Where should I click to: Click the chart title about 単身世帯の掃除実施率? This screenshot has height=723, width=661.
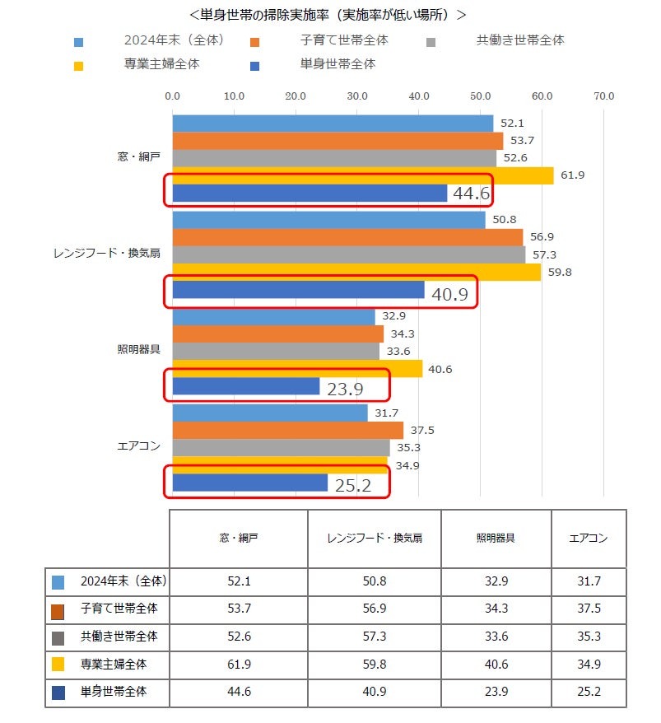coord(327,15)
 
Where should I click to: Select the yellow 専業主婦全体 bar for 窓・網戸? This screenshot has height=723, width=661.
coord(362,175)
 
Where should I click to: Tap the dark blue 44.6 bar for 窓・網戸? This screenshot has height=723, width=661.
coord(310,193)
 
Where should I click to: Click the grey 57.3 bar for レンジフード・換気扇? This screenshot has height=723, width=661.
coord(348,254)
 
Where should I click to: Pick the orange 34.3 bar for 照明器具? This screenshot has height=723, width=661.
coord(277,334)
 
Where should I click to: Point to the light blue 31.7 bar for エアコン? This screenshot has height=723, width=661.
coord(269,413)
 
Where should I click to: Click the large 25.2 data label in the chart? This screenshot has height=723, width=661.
coord(353,485)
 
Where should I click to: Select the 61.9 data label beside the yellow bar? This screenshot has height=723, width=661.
coord(573,175)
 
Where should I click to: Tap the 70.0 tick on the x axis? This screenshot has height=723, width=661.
coord(604,96)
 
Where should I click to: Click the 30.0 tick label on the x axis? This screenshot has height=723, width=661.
coord(357,96)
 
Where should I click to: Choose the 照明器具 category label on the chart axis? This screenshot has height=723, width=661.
coord(138,348)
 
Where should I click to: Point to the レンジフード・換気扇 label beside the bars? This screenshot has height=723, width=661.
coord(106,254)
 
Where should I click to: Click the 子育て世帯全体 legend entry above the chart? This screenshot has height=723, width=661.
coord(344,40)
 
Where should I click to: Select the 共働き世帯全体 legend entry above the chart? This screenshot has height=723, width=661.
coord(520,40)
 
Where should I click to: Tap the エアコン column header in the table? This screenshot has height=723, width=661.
coord(589,539)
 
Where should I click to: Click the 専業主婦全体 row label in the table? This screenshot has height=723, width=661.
coord(114,664)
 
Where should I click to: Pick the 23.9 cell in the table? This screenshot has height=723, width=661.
coord(496,693)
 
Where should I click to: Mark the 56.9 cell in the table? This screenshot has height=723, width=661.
coord(374,610)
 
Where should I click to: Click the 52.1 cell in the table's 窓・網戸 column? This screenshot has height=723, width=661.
coord(238,581)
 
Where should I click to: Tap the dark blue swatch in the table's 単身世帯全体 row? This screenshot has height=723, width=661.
coord(58,693)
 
